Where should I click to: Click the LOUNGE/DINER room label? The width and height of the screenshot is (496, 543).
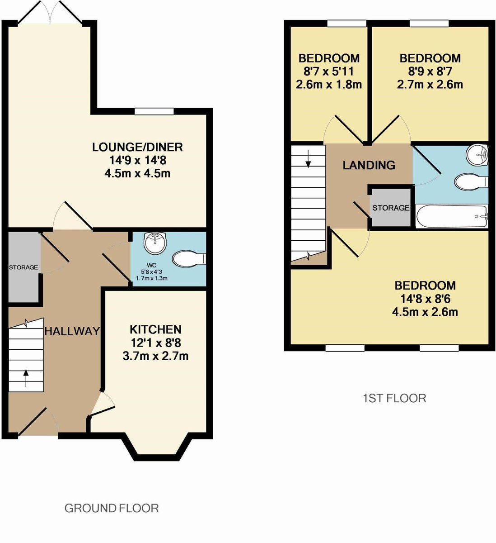click(137, 147)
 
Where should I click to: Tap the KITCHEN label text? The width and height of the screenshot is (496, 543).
click(156, 329)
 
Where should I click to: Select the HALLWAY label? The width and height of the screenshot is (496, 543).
click(72, 331)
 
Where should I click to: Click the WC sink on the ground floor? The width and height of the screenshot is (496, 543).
click(155, 243)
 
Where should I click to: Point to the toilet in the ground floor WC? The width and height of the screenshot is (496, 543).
click(189, 259)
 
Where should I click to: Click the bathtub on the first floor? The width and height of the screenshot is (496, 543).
click(452, 216)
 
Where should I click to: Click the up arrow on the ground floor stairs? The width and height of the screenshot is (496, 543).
click(26, 378)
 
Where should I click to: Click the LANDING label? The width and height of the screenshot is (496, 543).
click(369, 165)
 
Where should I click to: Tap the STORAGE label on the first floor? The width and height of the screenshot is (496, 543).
click(391, 208)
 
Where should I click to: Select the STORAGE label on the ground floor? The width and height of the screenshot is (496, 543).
click(23, 267)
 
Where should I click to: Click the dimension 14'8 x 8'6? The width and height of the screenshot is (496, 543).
click(425, 299)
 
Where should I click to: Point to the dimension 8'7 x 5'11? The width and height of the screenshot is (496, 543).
click(329, 71)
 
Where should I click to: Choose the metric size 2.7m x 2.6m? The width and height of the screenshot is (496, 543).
click(430, 85)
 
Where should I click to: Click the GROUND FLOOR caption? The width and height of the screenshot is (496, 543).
click(112, 508)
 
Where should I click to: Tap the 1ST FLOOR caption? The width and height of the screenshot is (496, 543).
click(394, 398)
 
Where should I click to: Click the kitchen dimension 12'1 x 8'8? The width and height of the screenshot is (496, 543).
click(156, 343)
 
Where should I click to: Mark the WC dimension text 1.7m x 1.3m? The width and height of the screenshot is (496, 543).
click(152, 278)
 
